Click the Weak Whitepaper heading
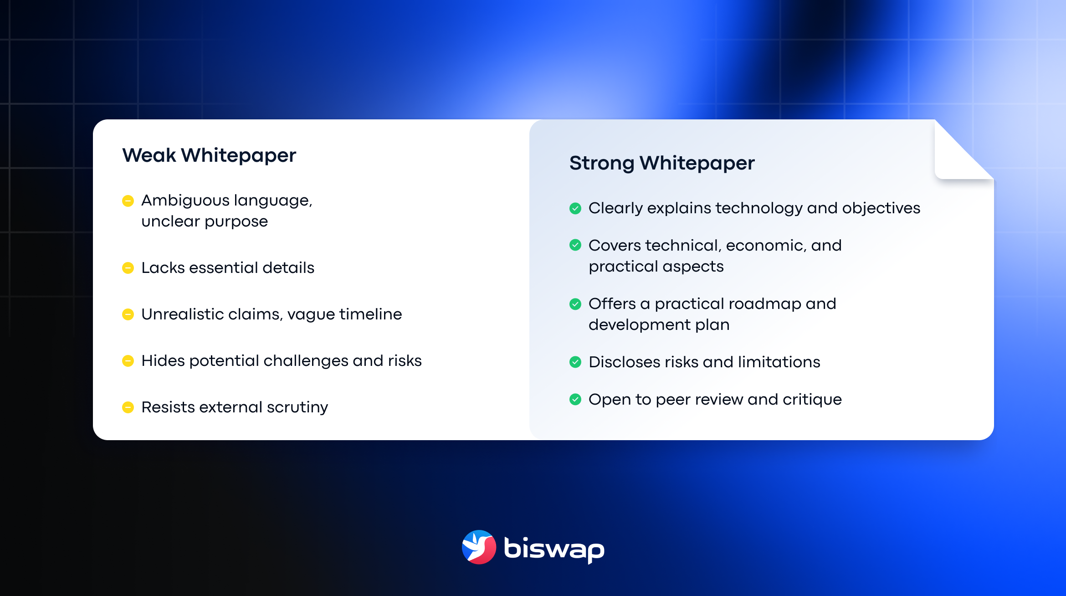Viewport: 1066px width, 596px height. [x=209, y=156]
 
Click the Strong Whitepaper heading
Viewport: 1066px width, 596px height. [x=662, y=164]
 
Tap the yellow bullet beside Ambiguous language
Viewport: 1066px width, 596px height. [x=128, y=201]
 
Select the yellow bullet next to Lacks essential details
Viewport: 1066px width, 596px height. [x=128, y=268]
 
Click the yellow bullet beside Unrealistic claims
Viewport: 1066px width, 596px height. [x=128, y=314]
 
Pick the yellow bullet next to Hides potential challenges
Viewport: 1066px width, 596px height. [x=128, y=361]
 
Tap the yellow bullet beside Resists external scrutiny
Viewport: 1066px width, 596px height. [x=128, y=407]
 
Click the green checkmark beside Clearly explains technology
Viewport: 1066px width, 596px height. [x=575, y=209]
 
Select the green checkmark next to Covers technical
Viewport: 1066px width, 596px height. [x=575, y=245]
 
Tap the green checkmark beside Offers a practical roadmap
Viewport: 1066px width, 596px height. [x=575, y=304]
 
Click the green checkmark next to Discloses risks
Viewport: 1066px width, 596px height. [x=575, y=362]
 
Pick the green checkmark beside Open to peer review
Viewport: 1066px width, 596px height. [x=575, y=400]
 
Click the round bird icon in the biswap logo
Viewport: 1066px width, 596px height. [x=479, y=547]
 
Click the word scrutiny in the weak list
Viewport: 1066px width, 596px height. [x=297, y=407]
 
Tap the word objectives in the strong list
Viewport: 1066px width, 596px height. [x=881, y=209]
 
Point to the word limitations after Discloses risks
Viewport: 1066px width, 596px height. [x=779, y=362]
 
